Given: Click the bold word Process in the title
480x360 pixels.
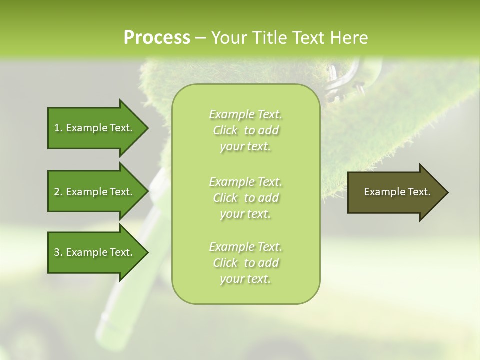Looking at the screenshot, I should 157,38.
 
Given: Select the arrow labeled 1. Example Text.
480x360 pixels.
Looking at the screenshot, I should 95,128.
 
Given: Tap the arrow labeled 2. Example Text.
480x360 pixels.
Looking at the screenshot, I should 95,192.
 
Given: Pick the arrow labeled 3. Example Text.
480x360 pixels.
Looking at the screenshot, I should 95,252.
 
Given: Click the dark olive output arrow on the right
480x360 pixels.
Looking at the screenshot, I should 395,192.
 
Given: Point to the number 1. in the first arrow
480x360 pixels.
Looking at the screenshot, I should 58,128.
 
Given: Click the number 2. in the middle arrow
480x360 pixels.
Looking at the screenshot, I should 58,192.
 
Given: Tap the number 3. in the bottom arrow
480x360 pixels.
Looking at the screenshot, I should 58,252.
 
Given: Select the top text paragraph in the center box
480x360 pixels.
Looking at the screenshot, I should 245,130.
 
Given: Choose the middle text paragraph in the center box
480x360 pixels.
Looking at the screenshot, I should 245,198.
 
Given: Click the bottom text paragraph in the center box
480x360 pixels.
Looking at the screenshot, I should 245,263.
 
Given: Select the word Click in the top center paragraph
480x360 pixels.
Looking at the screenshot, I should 226,130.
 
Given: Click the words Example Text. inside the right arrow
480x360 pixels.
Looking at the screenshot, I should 397,192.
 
